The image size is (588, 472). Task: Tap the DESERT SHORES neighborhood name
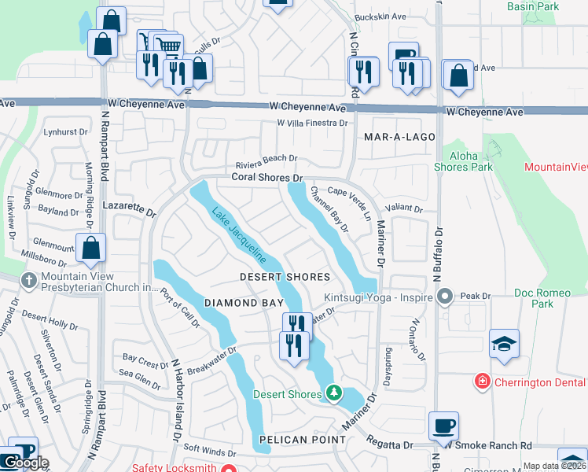tap(285, 278)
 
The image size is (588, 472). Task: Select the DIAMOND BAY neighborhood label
tap(231, 303)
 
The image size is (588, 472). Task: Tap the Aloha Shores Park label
tap(464, 161)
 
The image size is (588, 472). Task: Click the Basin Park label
tap(555, 6)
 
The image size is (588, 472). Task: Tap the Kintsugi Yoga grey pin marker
tap(445, 297)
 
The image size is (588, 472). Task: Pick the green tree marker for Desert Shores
tap(334, 392)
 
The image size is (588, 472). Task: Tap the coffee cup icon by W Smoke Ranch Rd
tap(443, 426)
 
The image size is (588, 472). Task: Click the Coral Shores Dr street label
tap(266, 179)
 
